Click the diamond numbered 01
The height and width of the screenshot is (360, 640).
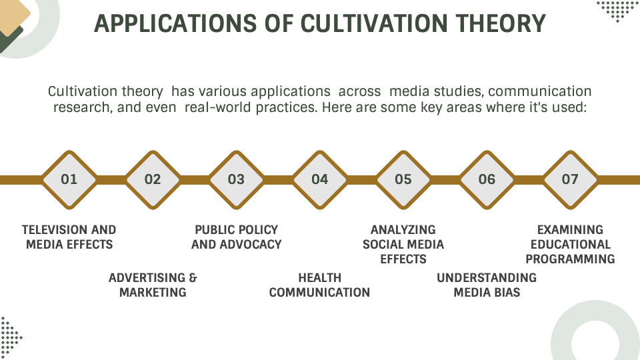point(69,179)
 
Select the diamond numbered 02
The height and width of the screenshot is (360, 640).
point(153,179)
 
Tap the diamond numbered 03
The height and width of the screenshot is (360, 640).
point(236,179)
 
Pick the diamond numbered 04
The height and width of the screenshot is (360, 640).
point(320,179)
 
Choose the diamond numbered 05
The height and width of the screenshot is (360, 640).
point(403,179)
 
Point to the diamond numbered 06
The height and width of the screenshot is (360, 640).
point(487,179)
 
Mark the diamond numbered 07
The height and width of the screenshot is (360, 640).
point(570,179)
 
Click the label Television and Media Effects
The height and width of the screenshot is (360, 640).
point(69,237)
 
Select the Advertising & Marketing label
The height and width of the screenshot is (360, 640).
point(153,285)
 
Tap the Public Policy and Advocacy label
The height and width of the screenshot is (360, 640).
point(236,237)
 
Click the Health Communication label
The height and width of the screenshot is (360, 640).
point(320,285)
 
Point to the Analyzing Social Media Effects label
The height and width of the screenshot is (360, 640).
point(403,244)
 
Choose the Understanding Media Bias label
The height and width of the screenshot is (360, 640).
point(487,285)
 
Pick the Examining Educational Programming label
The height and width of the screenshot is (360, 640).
point(570,244)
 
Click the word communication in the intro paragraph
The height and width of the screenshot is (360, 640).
point(540,91)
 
